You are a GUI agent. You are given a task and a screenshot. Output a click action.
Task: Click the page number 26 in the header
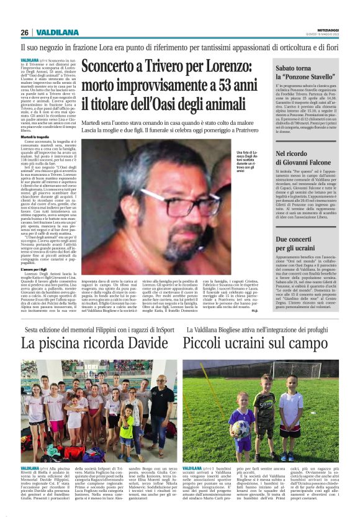tap(24, 32)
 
